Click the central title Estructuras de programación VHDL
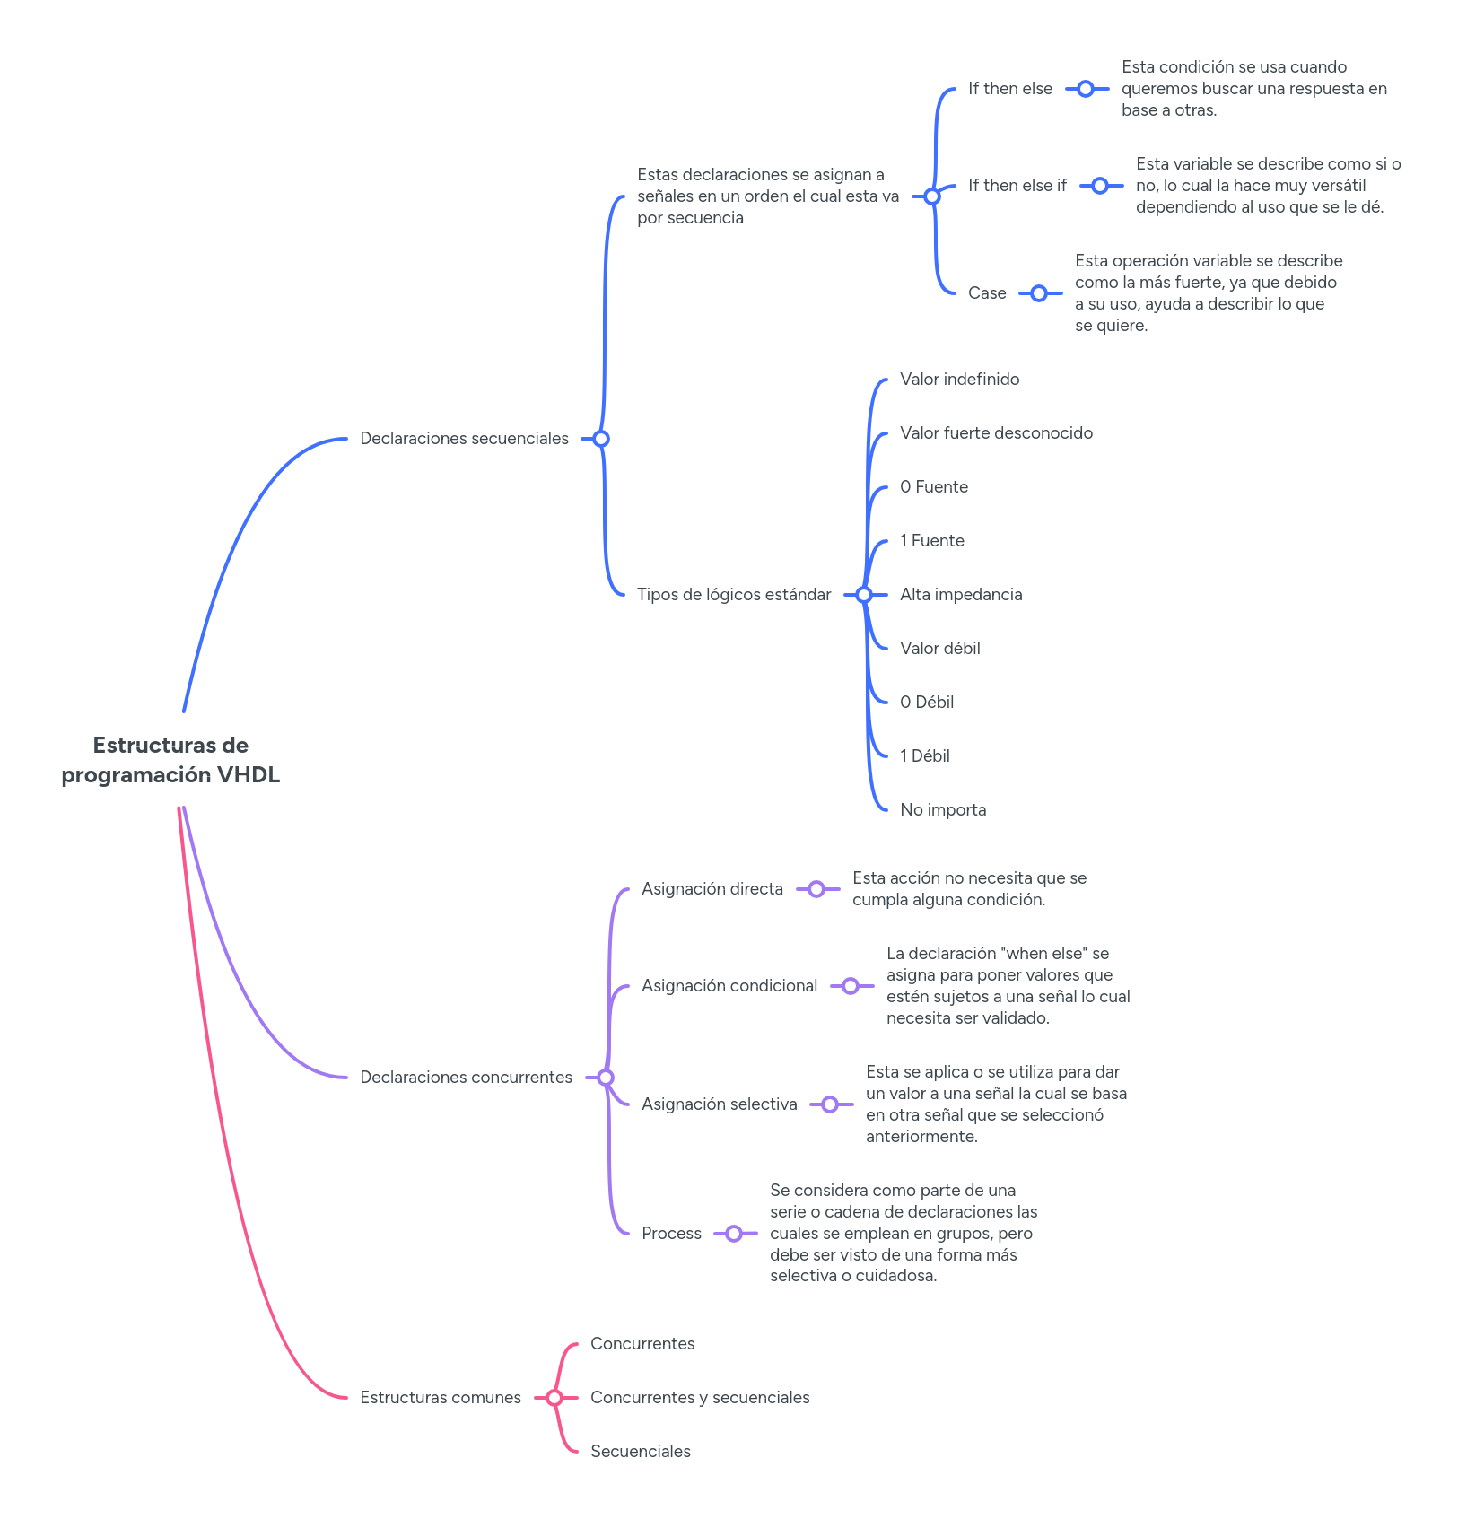click(170, 760)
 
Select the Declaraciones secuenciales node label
click(464, 439)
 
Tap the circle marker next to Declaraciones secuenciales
click(601, 439)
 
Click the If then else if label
click(1017, 186)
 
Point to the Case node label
click(987, 293)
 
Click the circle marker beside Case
click(1039, 293)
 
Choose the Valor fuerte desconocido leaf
click(996, 433)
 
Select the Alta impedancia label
click(961, 595)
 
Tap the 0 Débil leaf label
click(926, 703)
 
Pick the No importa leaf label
click(943, 810)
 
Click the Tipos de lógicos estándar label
click(734, 595)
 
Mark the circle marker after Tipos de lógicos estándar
click(863, 595)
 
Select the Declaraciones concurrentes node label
click(466, 1078)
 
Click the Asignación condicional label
click(729, 986)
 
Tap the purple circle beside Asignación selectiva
click(830, 1104)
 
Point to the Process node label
click(671, 1234)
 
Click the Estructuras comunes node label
click(441, 1398)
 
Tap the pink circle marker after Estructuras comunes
click(554, 1398)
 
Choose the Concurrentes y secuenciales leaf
click(700, 1398)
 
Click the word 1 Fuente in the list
click(931, 541)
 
